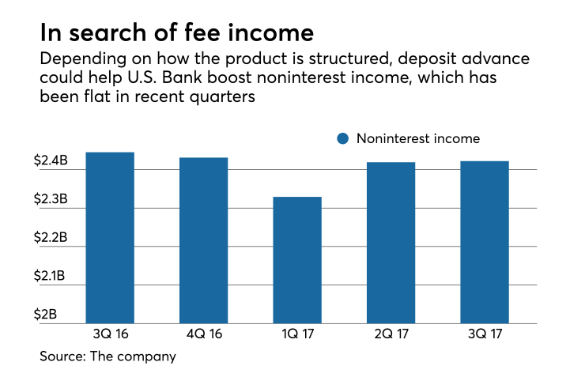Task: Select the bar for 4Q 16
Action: point(203,240)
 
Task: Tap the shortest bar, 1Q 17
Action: point(297,260)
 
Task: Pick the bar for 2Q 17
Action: point(391,243)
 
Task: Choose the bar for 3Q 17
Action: point(485,242)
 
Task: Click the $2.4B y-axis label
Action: point(50,161)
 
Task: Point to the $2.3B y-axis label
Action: point(50,200)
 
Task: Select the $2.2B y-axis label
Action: point(50,238)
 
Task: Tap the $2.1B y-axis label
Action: point(50,277)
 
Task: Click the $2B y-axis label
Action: point(46,315)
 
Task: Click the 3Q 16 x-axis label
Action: point(109,334)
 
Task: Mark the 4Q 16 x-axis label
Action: point(203,334)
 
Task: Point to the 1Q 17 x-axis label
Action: point(297,334)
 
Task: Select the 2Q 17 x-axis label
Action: point(391,334)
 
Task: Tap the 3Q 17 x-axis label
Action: point(485,334)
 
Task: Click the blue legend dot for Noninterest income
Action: point(342,139)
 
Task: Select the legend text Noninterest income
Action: point(417,139)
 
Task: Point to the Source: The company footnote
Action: point(108,356)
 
